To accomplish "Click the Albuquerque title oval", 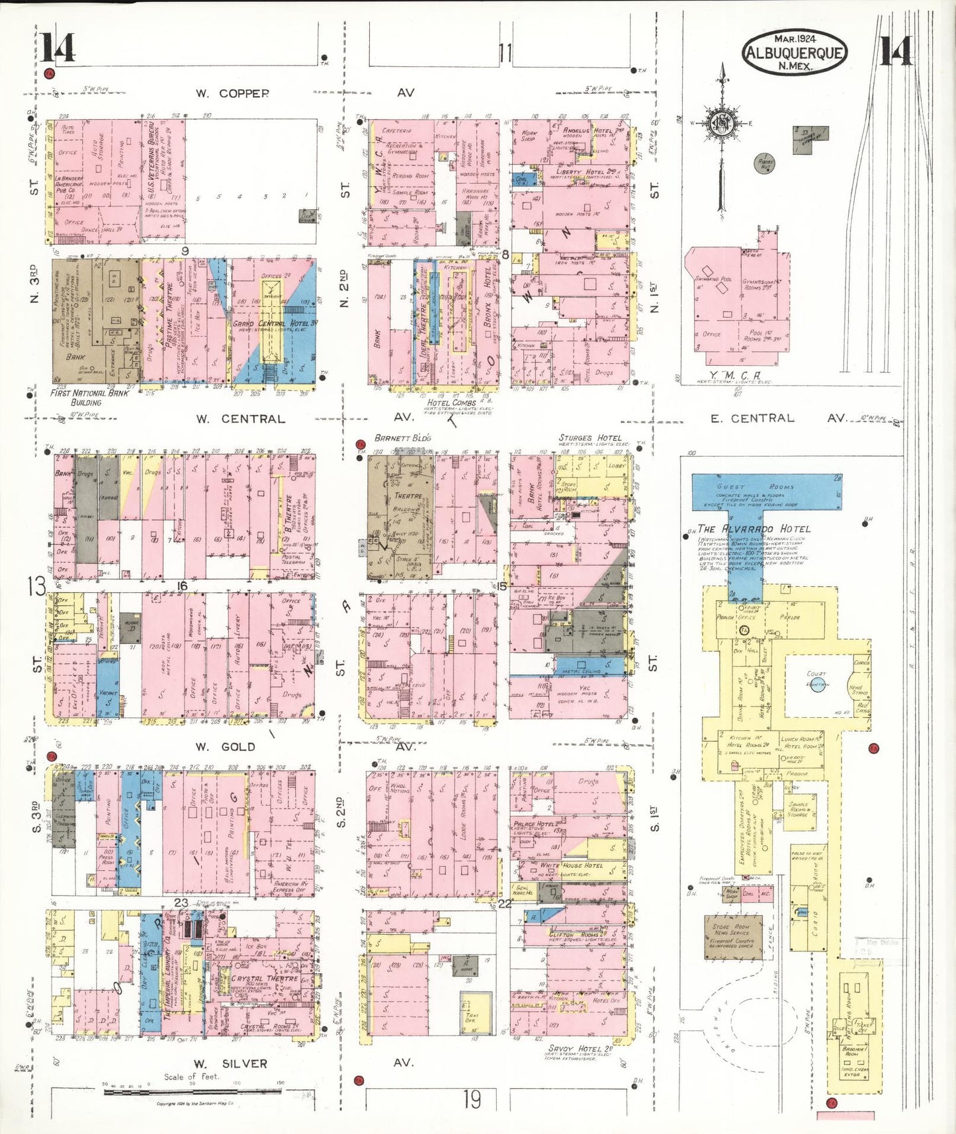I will point(795,52).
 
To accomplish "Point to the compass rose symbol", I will point(724,124).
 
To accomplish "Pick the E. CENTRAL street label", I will point(752,418).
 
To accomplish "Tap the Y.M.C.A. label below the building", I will point(734,376).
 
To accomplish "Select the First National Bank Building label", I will point(89,397).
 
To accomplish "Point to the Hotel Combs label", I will point(451,402).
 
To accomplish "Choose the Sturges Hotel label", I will point(589,438).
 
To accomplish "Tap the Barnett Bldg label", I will point(402,438).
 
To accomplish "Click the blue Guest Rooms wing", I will point(767,492).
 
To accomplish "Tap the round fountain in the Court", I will point(818,685).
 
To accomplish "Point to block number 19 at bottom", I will point(472,1100).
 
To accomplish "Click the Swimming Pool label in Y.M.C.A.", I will point(713,279).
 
